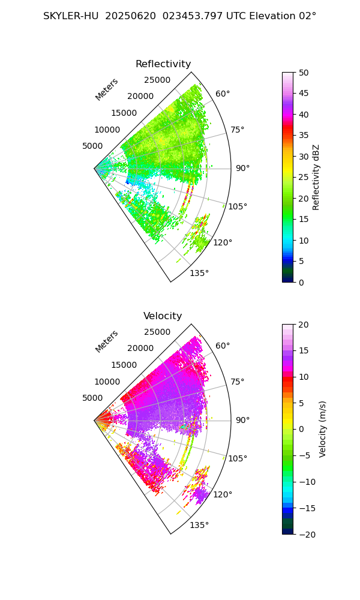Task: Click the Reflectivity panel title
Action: pos(163,64)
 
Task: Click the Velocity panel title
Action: pos(163,316)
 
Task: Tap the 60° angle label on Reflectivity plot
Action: pos(223,94)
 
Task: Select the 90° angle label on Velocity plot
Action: pos(242,420)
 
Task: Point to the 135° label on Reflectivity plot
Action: pos(199,274)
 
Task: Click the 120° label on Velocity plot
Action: pos(223,494)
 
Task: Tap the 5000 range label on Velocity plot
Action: pos(92,398)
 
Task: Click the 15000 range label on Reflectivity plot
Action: pos(124,113)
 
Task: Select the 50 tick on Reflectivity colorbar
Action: pos(304,73)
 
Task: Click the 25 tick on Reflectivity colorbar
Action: pos(304,178)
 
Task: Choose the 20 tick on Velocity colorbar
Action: pos(304,325)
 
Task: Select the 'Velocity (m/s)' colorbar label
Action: pos(323,429)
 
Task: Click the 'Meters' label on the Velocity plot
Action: pos(106,341)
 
